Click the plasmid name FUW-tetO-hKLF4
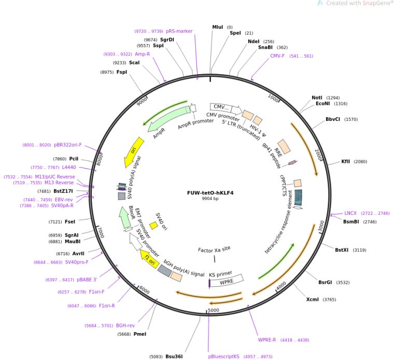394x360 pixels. click(x=210, y=193)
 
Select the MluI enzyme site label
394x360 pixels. click(x=218, y=27)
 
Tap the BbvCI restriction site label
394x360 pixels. click(x=333, y=119)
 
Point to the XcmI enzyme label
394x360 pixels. click(x=313, y=299)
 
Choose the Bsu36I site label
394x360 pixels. click(x=174, y=356)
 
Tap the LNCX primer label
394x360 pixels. click(x=350, y=213)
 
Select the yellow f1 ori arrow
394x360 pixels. click(x=149, y=258)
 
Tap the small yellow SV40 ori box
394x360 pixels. click(x=153, y=226)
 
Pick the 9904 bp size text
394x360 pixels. click(x=210, y=199)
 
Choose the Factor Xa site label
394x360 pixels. click(x=214, y=249)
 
